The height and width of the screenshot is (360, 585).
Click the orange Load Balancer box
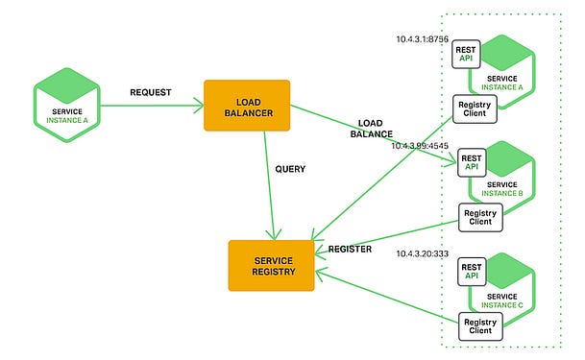point(246,106)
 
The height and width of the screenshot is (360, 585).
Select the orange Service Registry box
point(271,265)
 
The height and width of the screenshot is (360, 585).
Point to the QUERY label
point(290,169)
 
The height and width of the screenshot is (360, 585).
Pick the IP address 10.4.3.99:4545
point(421,146)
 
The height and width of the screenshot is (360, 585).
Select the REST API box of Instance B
point(472,161)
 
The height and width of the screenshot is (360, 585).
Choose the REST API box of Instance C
point(472,272)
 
